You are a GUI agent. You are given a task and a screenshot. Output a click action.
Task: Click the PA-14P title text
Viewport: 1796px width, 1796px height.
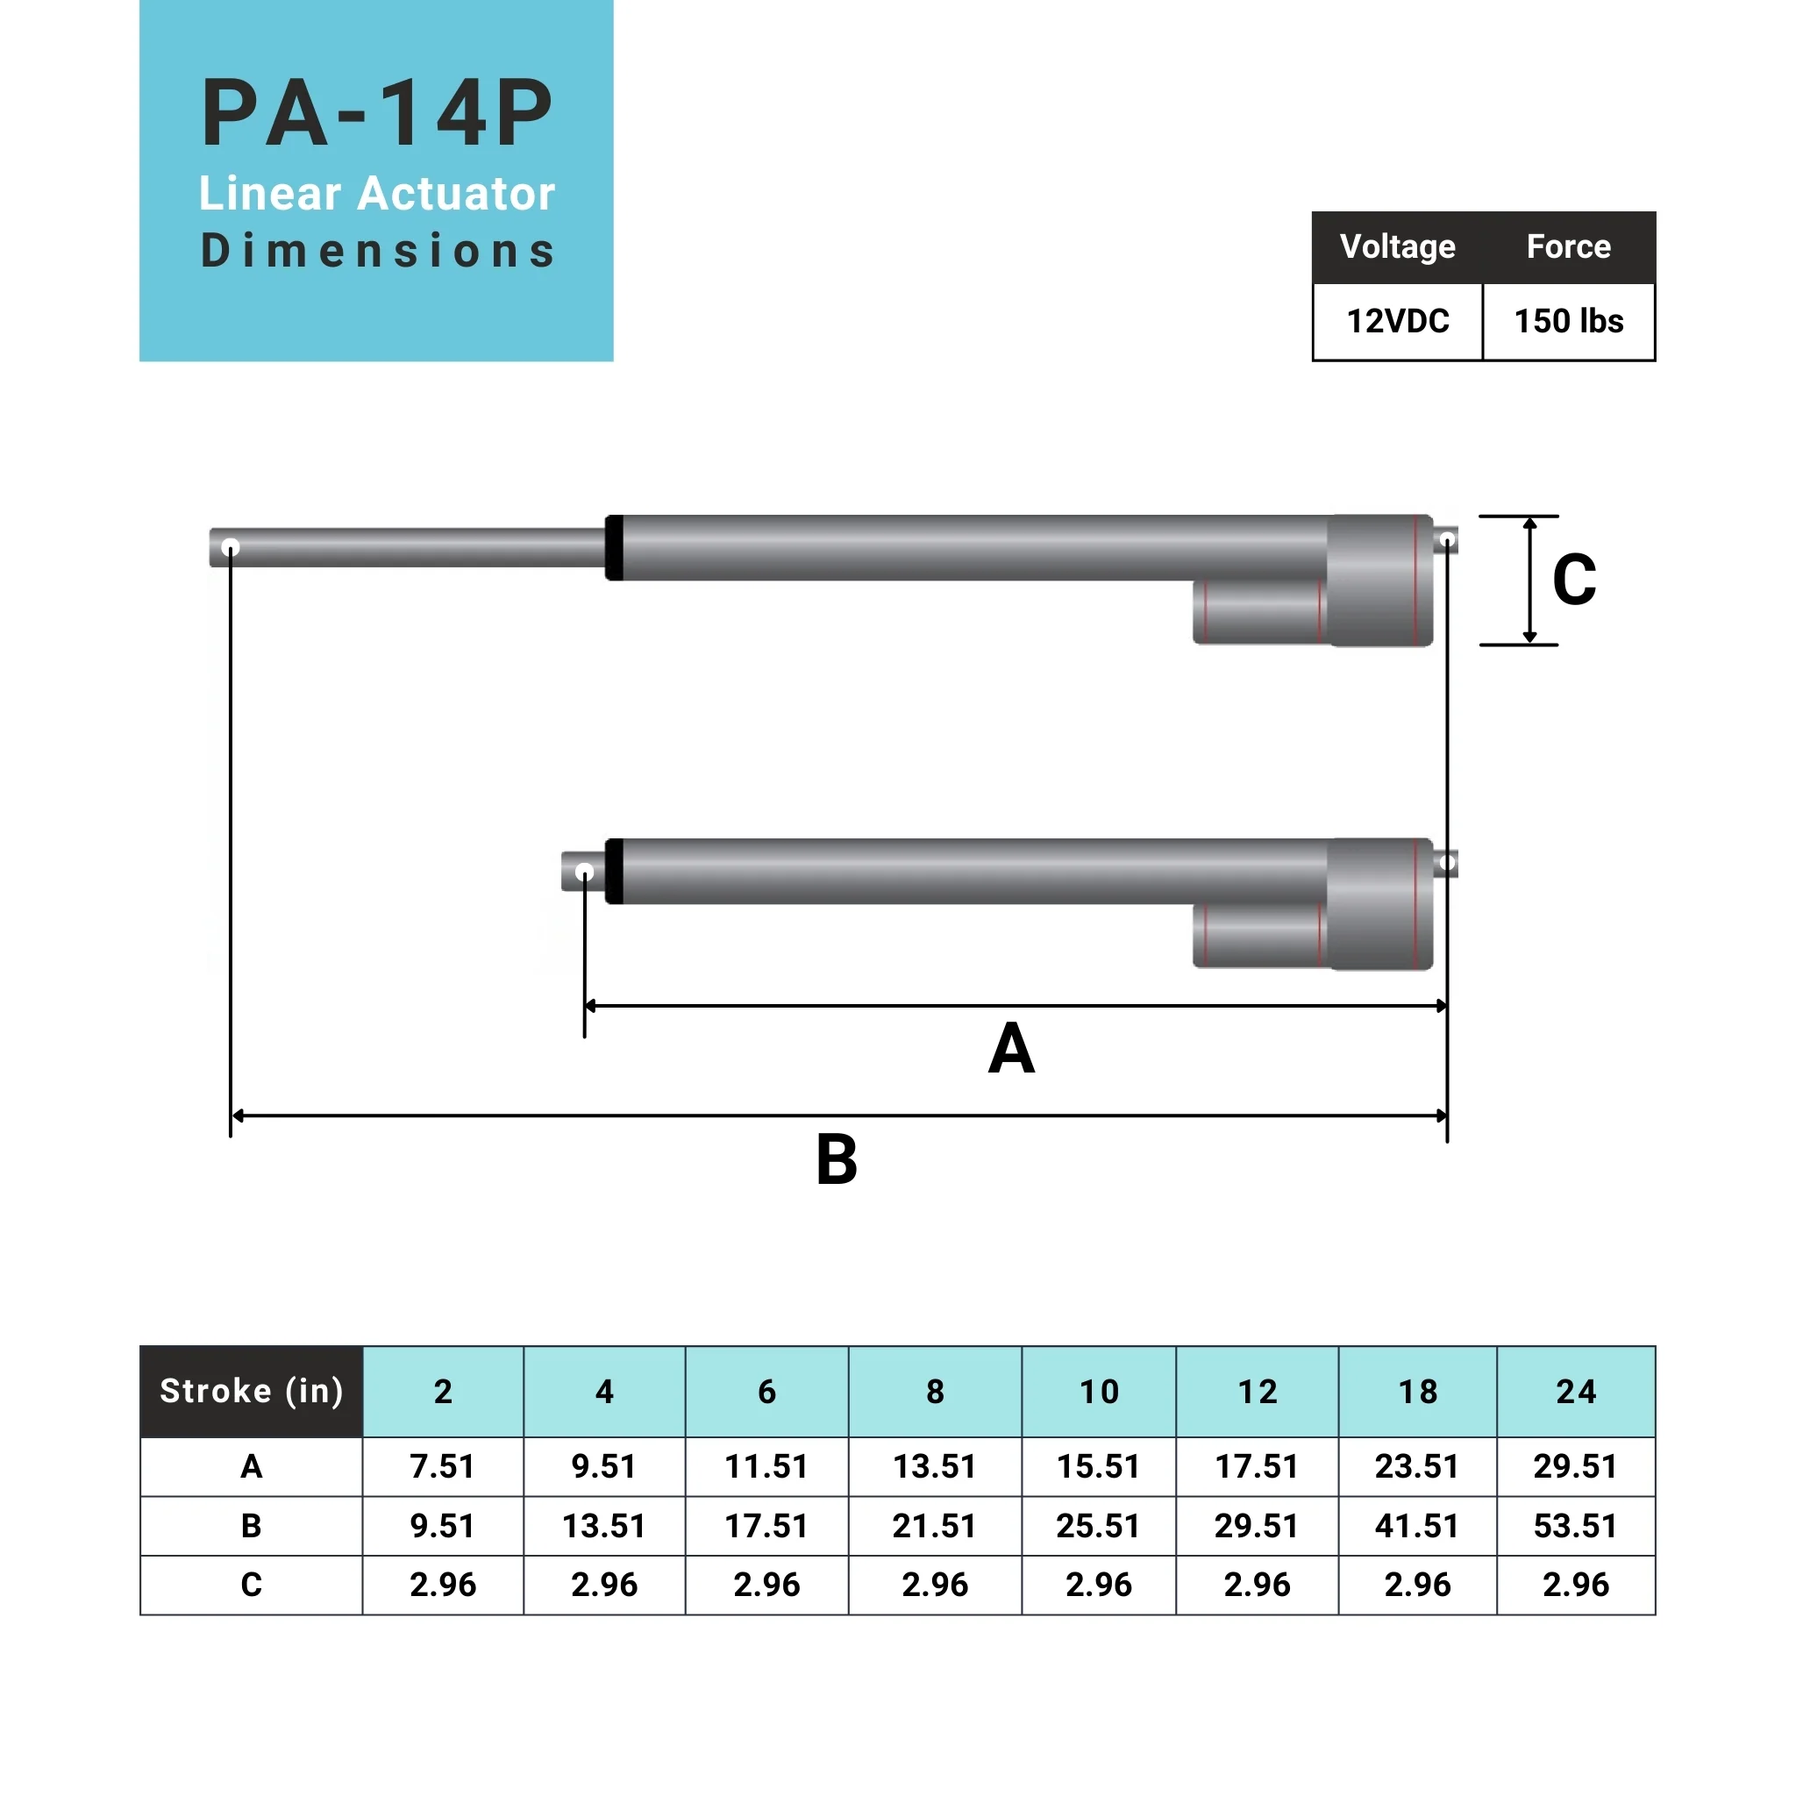376,113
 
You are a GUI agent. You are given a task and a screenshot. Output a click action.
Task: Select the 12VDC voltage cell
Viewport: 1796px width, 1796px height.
1397,322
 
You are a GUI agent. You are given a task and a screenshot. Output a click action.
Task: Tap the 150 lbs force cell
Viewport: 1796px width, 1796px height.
1568,322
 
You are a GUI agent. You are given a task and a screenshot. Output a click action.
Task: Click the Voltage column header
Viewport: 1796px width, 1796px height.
1397,247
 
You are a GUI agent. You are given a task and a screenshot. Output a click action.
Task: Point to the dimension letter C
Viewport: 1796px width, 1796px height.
1574,580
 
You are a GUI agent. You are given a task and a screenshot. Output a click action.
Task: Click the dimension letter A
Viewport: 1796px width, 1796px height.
1011,1049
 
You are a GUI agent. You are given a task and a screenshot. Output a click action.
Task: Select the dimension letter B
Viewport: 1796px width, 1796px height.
837,1159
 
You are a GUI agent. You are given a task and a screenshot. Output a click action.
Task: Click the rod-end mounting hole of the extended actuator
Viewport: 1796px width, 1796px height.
231,547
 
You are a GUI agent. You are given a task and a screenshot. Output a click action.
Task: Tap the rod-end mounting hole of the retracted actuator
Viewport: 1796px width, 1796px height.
585,872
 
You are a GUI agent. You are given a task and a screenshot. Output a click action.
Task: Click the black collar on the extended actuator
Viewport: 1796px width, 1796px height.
614,547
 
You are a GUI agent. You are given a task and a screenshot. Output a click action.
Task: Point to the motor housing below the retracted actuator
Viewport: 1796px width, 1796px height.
1259,936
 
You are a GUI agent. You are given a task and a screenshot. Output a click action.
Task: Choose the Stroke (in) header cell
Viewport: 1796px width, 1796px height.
251,1391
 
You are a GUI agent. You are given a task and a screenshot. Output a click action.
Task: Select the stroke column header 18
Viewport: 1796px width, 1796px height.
1418,1392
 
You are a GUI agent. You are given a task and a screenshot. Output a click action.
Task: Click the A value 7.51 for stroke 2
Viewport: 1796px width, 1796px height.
443,1467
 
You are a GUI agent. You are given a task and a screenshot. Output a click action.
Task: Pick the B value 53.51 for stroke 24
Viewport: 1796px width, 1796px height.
1576,1527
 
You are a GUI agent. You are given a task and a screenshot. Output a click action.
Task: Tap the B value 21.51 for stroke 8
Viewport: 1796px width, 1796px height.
934,1527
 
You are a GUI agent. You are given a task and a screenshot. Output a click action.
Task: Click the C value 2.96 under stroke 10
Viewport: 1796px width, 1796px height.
1099,1585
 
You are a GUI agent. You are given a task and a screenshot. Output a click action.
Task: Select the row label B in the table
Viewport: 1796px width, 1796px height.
251,1527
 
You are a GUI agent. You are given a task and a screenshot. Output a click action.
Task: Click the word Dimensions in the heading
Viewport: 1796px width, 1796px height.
376,251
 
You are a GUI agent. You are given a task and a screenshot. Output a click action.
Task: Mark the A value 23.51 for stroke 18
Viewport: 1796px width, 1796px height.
1418,1467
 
